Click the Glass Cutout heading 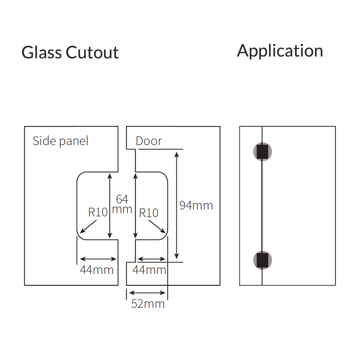tap(70, 53)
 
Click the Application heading tap(280, 51)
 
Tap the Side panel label tap(60, 141)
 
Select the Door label tap(149, 141)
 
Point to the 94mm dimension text tap(196, 206)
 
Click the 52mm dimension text tap(148, 303)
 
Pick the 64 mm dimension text tap(122, 204)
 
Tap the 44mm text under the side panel tap(96, 270)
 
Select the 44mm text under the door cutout tap(149, 270)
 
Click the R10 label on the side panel tap(98, 212)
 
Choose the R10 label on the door tap(149, 213)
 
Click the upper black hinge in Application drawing tap(262, 152)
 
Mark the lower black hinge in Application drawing tap(262, 260)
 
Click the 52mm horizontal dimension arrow tap(148, 293)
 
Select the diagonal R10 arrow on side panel tap(89, 227)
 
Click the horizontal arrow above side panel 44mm tap(98, 259)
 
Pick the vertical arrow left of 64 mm tap(110, 206)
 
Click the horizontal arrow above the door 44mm tap(152, 259)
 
